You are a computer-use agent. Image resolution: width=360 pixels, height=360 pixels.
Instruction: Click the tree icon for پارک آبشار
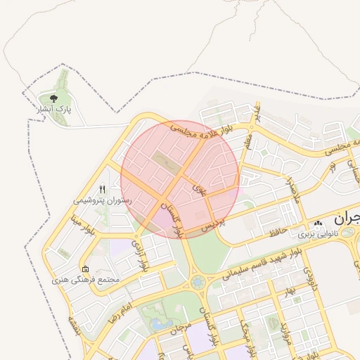(53, 98)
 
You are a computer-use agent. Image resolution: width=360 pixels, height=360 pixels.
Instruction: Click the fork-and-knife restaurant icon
(103, 189)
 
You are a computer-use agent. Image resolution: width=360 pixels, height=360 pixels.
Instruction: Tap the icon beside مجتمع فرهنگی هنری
(86, 269)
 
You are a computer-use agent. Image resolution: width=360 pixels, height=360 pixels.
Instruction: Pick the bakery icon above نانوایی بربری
(319, 224)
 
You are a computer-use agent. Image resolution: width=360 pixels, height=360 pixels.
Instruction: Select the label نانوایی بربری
(317, 233)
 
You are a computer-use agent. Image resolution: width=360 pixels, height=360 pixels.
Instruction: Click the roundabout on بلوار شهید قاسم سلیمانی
(196, 283)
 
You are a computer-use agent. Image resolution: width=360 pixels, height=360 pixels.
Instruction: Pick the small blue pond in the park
(157, 325)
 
